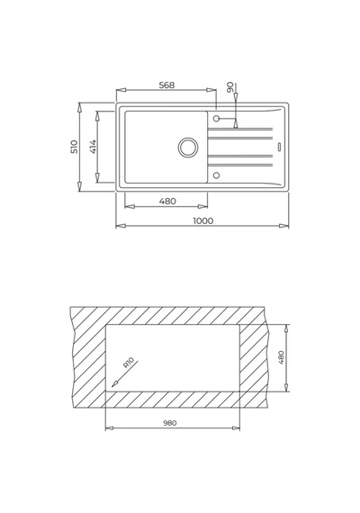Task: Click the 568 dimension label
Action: point(166,85)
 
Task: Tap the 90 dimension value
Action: point(230,86)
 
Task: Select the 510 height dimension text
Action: point(75,147)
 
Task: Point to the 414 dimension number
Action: point(93,147)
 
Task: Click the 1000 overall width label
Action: point(202,220)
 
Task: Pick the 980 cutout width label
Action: point(170,423)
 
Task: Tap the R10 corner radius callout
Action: point(129,364)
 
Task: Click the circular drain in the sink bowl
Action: point(188,146)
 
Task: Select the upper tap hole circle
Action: point(216,118)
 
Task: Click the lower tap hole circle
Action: point(216,175)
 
